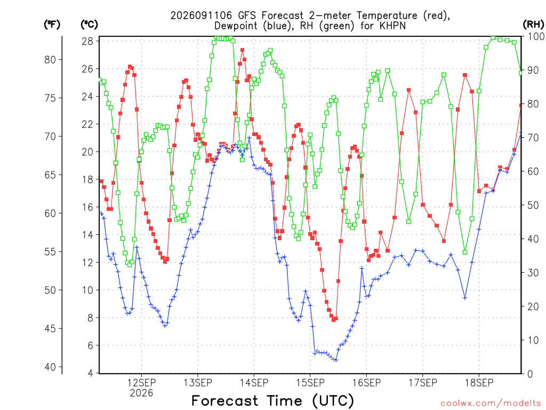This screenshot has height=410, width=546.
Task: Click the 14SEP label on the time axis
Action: point(254,383)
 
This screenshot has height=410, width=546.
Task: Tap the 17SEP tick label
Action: point(423,383)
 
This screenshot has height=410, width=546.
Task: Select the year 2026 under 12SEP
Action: point(141,393)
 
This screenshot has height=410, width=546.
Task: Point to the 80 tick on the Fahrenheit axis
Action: point(50,60)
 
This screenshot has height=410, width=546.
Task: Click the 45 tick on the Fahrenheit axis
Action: point(50,328)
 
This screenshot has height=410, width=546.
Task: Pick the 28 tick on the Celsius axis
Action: point(87,41)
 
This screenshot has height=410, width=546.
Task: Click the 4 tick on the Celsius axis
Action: point(91,373)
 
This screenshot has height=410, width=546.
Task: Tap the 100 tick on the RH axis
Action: point(536,36)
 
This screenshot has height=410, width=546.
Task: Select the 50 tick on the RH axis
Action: point(533,205)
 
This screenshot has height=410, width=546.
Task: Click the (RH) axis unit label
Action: point(533,25)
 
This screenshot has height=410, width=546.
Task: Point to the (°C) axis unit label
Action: point(90,25)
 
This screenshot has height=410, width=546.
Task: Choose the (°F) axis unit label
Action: point(52,25)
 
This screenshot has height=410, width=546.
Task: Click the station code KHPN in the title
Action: point(392,26)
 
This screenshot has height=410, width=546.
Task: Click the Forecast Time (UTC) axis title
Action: point(272,400)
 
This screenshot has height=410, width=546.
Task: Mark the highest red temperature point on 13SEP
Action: point(243,50)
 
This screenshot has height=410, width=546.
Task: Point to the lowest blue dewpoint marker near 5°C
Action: point(336,360)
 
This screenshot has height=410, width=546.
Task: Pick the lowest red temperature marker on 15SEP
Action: point(333,320)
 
